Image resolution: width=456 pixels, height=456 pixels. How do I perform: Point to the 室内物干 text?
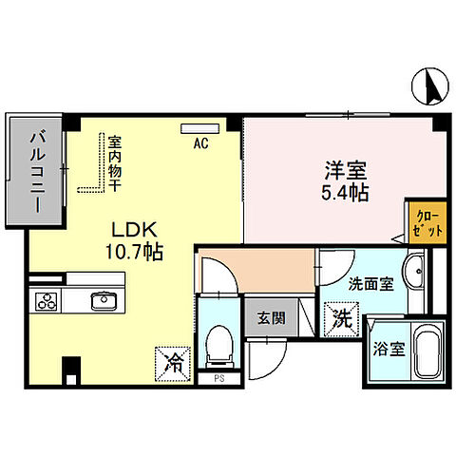coord(113,162)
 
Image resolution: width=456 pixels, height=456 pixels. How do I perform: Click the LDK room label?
coord(135,231)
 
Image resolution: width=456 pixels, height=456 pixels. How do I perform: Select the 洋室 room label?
coord(343,171)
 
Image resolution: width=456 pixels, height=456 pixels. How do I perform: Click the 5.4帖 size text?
coord(343,192)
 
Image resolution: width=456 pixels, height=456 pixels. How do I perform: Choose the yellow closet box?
coord(422,225)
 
